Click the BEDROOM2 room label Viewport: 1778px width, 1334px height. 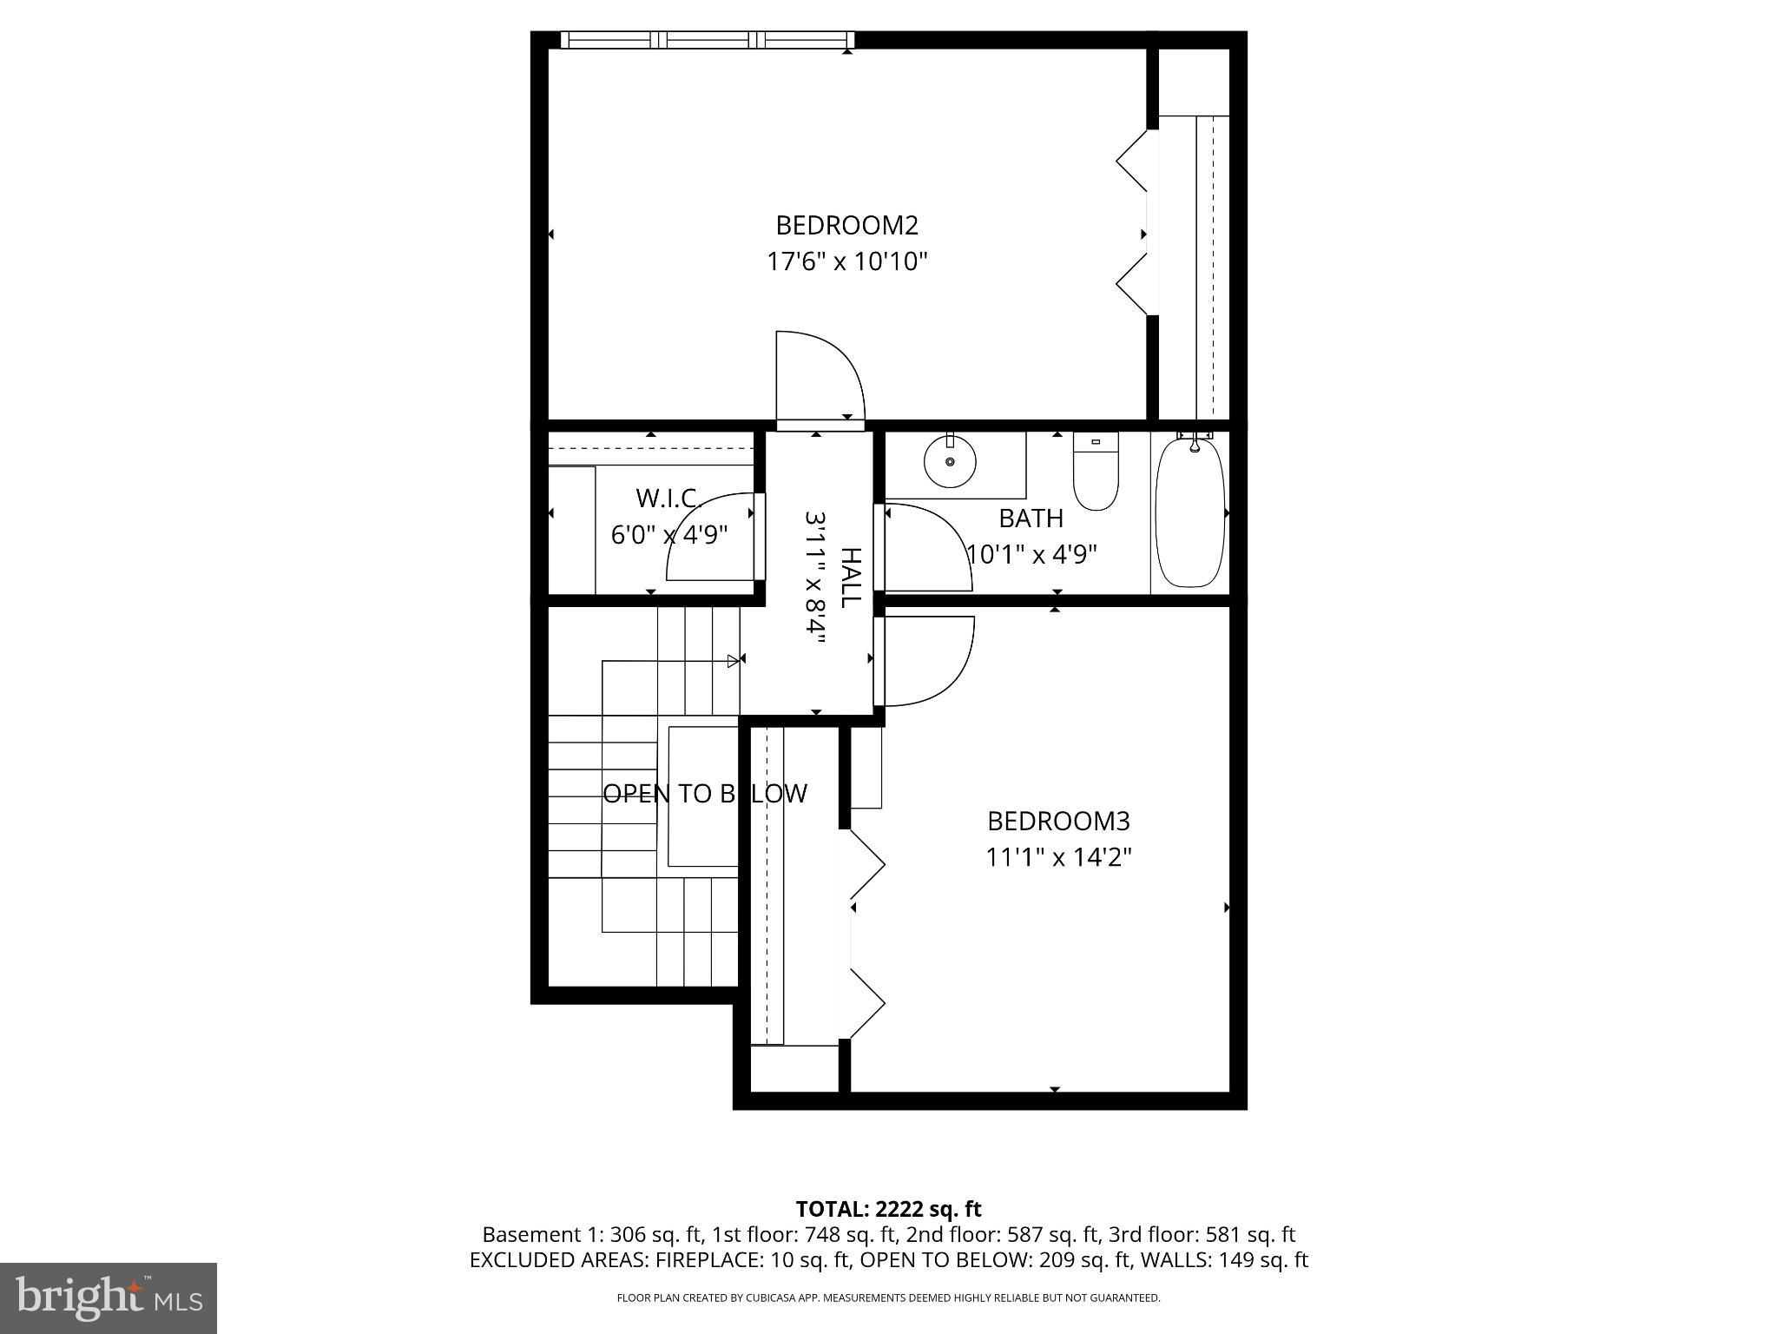[846, 226]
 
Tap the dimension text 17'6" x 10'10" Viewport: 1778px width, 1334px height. [846, 261]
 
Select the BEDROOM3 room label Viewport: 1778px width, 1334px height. [1058, 821]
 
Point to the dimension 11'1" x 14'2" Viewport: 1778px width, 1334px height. [1058, 858]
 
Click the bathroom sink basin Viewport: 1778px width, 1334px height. [950, 463]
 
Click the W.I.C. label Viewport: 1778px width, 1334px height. [668, 499]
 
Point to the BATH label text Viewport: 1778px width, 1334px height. [1031, 518]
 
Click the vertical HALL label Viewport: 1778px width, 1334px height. [852, 578]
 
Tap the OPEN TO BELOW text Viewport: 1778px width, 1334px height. [705, 794]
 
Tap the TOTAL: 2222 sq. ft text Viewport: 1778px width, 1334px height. [888, 1209]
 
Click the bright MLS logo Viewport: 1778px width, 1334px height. [109, 1298]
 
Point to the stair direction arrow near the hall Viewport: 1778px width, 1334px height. [734, 661]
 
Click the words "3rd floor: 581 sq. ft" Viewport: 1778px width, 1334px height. [1202, 1234]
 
